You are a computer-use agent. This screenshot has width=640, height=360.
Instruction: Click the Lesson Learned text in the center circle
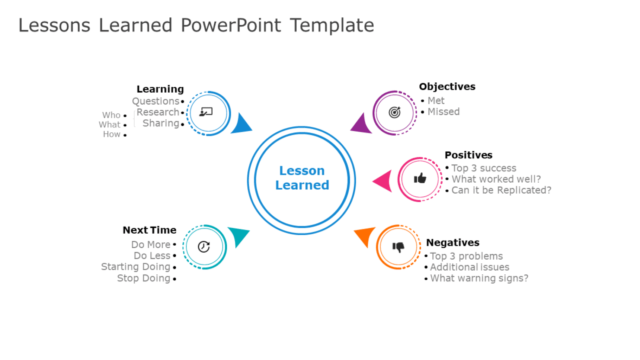(x=302, y=178)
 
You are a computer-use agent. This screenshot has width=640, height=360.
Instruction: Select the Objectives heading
(x=447, y=87)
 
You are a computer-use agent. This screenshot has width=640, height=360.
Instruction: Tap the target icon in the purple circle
(x=395, y=112)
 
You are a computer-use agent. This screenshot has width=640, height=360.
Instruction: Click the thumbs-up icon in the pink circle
(x=420, y=178)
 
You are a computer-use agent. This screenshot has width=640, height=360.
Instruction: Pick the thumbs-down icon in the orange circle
(x=399, y=247)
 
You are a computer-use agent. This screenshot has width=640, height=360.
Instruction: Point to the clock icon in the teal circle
(x=204, y=247)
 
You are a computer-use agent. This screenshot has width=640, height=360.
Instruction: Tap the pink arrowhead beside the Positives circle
(x=383, y=181)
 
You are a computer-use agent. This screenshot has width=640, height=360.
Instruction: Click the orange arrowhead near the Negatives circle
(x=366, y=236)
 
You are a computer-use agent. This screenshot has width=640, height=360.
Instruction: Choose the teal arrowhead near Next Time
(x=238, y=236)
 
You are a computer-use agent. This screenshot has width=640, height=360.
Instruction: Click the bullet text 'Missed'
(x=443, y=112)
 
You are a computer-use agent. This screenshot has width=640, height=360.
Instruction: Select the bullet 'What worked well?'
(x=496, y=179)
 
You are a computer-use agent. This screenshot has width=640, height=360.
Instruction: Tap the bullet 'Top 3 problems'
(x=466, y=256)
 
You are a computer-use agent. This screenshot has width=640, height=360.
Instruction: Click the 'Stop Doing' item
(x=143, y=278)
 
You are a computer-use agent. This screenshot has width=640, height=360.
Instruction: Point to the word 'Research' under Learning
(x=157, y=112)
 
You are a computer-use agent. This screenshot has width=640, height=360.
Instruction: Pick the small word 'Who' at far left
(x=111, y=115)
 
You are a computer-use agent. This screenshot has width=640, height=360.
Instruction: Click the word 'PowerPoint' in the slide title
(x=231, y=25)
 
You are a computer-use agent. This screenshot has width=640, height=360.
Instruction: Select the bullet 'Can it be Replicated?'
(x=501, y=190)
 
